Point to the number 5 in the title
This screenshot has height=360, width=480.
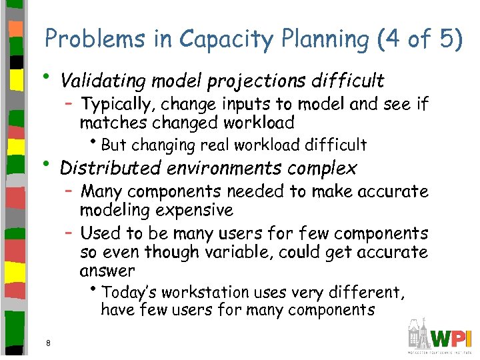445,40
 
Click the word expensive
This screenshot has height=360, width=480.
191,211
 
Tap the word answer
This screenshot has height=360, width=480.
107,272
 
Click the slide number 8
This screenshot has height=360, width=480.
49,343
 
